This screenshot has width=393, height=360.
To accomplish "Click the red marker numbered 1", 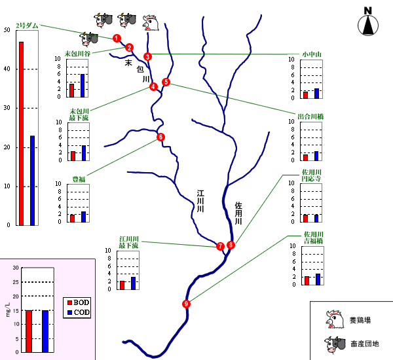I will [116, 38].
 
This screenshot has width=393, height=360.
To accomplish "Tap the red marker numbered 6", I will [160, 137].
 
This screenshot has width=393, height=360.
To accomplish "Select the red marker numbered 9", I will [187, 304].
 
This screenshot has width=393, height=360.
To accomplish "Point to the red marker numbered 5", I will [166, 82].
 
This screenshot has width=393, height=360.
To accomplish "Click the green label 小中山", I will [311, 53].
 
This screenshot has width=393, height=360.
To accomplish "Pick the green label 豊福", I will [78, 178].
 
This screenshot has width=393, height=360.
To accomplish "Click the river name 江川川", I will [202, 201].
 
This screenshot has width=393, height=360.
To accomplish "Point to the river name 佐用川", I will [238, 214].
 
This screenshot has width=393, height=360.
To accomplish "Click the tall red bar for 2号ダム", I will [21, 134].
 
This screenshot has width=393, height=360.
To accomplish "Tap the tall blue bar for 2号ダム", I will [33, 180].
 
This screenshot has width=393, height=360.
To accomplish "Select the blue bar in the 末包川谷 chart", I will [82, 85].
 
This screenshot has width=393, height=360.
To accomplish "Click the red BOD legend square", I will [69, 302].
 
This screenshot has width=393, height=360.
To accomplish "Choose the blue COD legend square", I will [69, 312].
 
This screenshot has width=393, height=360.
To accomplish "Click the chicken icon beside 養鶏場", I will [334, 319].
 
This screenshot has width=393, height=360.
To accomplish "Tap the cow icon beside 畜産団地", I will [334, 342].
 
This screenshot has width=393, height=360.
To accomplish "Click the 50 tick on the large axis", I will [7, 30].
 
